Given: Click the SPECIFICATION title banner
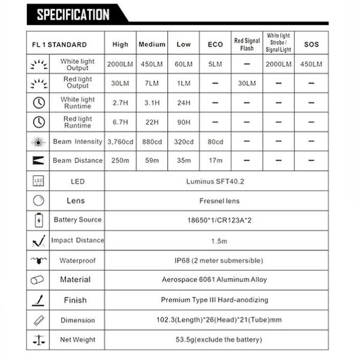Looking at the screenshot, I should [73, 14].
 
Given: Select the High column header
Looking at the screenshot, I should [120, 45].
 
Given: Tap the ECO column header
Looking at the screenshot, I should [215, 45].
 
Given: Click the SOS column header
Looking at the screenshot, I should [311, 45].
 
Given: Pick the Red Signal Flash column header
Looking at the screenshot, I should [247, 45].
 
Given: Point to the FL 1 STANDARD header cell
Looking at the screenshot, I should [59, 45].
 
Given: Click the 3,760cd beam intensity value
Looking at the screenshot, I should [120, 142].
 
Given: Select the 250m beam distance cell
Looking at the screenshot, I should [120, 161].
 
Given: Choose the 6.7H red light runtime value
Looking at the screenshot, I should [120, 122].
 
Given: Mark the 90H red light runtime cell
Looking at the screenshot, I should [184, 122].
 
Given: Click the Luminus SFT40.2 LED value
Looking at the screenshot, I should [216, 181].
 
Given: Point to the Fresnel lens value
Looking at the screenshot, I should [216, 200].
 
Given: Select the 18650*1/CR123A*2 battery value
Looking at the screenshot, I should [216, 220].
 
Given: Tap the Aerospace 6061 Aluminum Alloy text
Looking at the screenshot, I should [216, 280].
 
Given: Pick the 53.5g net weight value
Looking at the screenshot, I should [216, 340].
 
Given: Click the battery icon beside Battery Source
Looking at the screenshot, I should [38, 220].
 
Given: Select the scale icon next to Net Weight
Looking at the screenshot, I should [38, 340].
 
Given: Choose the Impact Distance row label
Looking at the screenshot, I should [77, 241].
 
